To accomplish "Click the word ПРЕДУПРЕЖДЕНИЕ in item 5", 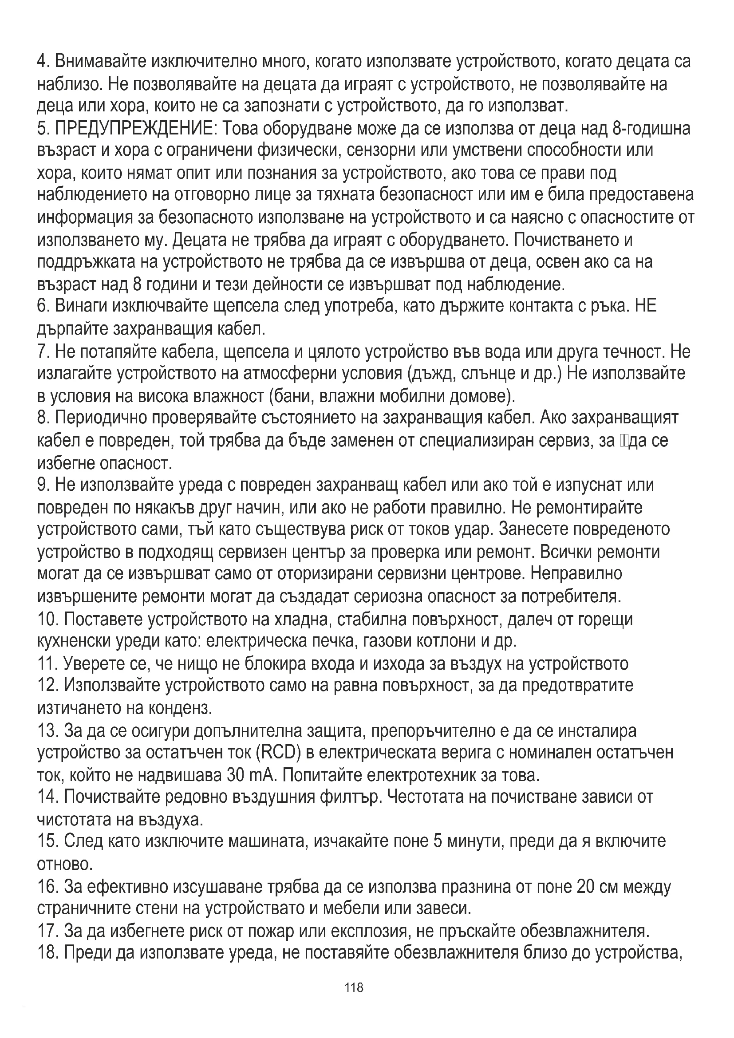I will pyautogui.click(x=136, y=129).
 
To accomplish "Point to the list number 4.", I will pyautogui.click(x=42, y=62).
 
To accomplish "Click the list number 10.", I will pyautogui.click(x=47, y=620).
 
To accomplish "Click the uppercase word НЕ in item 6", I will pyautogui.click(x=645, y=307).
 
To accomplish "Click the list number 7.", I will pyautogui.click(x=42, y=351).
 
